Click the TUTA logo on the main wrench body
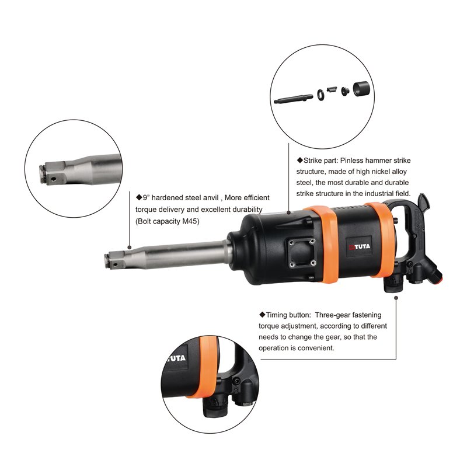click(x=360, y=246)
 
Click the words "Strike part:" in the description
click(x=318, y=161)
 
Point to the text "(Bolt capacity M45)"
click(x=168, y=221)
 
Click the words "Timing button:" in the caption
click(x=285, y=315)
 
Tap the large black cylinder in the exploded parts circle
click(x=361, y=89)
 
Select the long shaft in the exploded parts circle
click(x=294, y=99)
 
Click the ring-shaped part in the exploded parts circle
click(x=321, y=95)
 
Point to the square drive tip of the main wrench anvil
click(x=114, y=260)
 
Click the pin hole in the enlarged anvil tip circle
click(x=53, y=179)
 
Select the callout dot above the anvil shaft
click(x=129, y=247)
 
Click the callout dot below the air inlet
click(x=396, y=298)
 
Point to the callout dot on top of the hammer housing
click(x=288, y=212)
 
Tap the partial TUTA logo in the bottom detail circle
click(x=176, y=358)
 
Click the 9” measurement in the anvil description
click(x=146, y=198)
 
